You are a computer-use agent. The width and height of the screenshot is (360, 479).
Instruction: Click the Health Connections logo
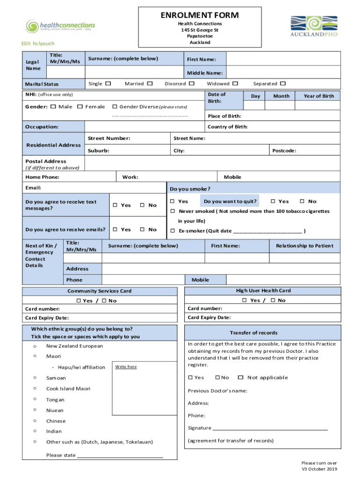(x=60, y=26)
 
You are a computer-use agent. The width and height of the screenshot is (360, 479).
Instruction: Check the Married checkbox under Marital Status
(x=150, y=84)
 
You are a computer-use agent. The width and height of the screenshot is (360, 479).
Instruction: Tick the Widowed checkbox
(x=235, y=84)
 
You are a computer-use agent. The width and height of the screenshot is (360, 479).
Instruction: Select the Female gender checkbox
(x=80, y=107)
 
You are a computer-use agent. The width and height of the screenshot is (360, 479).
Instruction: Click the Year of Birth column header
(x=319, y=96)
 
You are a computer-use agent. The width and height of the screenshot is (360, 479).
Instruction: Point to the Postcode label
(x=284, y=151)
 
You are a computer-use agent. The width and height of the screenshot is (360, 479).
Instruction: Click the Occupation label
(x=42, y=127)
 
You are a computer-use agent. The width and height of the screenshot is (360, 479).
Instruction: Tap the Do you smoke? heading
(x=190, y=189)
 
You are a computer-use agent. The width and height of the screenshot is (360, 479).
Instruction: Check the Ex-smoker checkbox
(x=172, y=231)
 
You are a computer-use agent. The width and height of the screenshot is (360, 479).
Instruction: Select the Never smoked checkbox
(x=172, y=211)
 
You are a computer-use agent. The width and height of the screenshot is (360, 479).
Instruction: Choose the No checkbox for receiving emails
(x=143, y=230)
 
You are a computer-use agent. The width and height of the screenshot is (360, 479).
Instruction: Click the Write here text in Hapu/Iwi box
(x=126, y=367)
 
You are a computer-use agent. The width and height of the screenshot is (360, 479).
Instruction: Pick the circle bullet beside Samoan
(x=35, y=377)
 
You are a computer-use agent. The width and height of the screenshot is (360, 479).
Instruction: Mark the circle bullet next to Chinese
(x=35, y=421)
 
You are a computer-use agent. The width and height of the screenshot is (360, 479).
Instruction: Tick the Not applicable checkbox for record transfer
(x=240, y=377)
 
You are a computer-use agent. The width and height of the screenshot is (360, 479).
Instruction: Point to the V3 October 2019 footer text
(x=319, y=469)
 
